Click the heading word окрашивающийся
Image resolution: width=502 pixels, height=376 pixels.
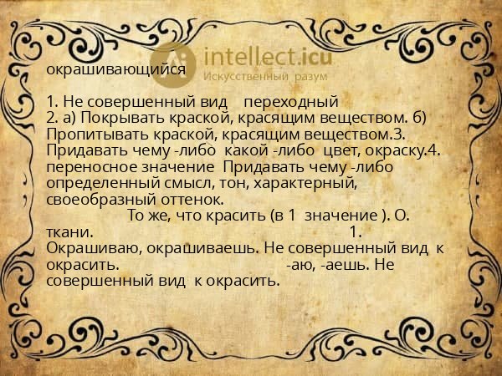pyautogui.click(x=116, y=69)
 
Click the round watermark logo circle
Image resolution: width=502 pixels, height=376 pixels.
pyautogui.click(x=173, y=65)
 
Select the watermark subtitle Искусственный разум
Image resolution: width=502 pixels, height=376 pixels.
pyautogui.click(x=265, y=76)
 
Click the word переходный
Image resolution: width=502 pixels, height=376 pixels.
pyautogui.click(x=291, y=102)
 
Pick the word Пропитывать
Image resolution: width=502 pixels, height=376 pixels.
pyautogui.click(x=97, y=135)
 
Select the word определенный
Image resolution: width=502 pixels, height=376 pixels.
pyautogui.click(x=103, y=184)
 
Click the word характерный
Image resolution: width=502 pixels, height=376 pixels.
pyautogui.click(x=305, y=184)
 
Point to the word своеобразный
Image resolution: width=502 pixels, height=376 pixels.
pyautogui.click(x=101, y=201)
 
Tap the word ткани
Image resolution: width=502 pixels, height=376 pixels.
pyautogui.click(x=69, y=232)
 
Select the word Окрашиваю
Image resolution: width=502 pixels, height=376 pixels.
pyautogui.click(x=94, y=249)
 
